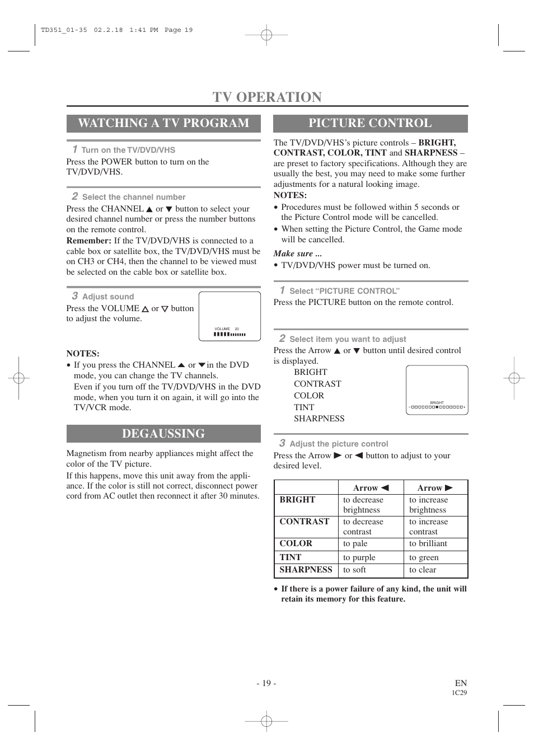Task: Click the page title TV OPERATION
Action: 267,97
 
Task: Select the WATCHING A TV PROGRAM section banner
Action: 163,123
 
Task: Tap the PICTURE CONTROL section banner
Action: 370,123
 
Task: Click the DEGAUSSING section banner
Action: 163,434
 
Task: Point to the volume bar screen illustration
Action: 229,316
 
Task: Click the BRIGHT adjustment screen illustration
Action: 437,390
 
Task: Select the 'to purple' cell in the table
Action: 359,557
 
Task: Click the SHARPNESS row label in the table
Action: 306,570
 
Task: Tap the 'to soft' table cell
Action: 354,570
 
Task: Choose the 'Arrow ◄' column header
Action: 371,488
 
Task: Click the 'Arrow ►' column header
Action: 435,488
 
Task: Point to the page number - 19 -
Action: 266,683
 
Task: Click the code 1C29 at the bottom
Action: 459,693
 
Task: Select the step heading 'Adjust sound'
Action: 108,297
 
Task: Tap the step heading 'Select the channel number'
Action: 134,197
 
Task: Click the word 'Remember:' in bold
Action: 88,241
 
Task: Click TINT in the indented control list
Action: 304,407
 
